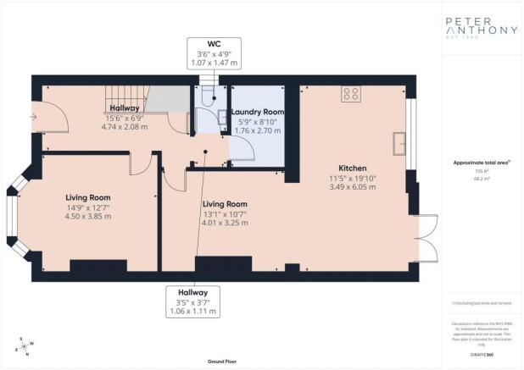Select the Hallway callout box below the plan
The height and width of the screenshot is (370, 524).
click(x=192, y=301)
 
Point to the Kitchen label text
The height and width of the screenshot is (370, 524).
click(x=352, y=168)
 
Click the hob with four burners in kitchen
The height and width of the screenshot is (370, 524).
click(x=351, y=95)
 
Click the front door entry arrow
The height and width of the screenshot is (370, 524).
click(x=34, y=118)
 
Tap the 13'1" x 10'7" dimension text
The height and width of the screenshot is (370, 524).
click(x=224, y=214)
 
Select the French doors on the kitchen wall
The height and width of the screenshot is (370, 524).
click(x=426, y=239)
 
